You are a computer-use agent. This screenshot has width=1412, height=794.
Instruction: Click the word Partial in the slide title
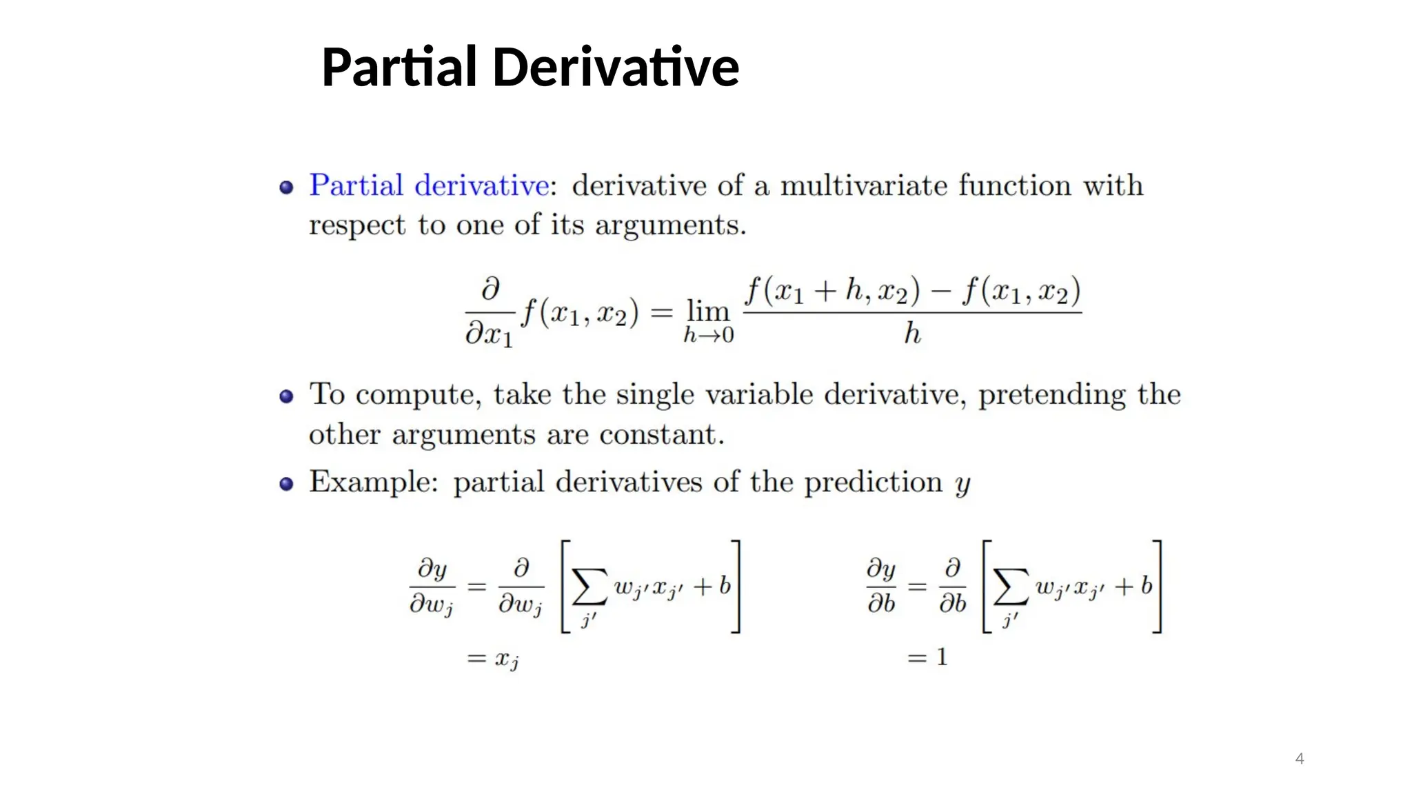pyautogui.click(x=399, y=68)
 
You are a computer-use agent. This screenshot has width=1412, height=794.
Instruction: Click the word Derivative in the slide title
pyautogui.click(x=616, y=68)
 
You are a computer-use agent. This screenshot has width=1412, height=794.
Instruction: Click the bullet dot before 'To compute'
pyautogui.click(x=286, y=396)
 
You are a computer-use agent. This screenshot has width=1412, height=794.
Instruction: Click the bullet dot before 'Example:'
pyautogui.click(x=286, y=484)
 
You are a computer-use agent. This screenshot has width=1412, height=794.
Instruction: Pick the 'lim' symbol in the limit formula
pyautogui.click(x=708, y=312)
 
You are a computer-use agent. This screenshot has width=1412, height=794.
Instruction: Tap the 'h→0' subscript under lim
pyautogui.click(x=708, y=336)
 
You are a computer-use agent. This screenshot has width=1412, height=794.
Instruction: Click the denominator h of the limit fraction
pyautogui.click(x=912, y=334)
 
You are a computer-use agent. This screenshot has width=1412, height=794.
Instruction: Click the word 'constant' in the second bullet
pyautogui.click(x=660, y=435)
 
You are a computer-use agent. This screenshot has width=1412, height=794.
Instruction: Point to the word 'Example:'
pyautogui.click(x=373, y=482)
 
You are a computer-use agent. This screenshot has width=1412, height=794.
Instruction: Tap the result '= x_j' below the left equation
pyautogui.click(x=493, y=660)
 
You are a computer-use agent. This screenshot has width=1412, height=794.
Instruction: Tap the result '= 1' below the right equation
pyautogui.click(x=928, y=658)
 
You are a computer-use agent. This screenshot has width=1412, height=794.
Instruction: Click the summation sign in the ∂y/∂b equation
pyautogui.click(x=1011, y=588)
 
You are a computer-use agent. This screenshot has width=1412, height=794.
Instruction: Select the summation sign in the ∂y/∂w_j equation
pyautogui.click(x=589, y=588)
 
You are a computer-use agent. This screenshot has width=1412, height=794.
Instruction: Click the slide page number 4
pyautogui.click(x=1300, y=759)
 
